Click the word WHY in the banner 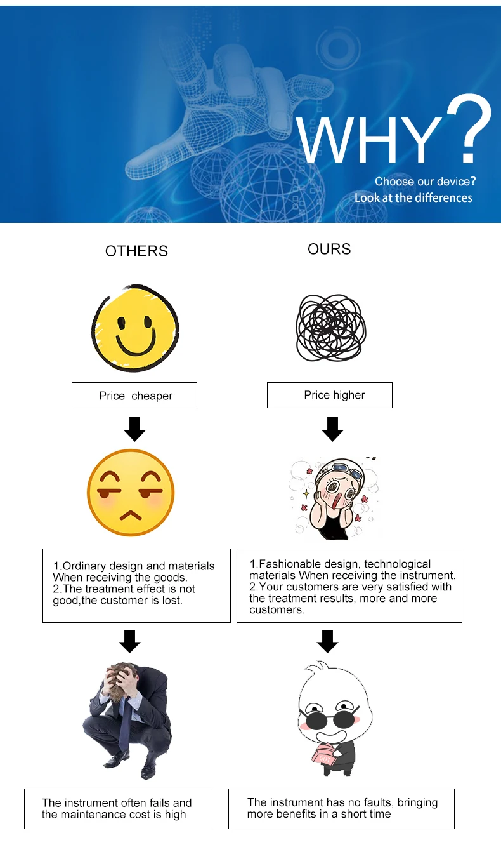(x=369, y=141)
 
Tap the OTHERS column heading (x=136, y=251)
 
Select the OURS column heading (x=329, y=249)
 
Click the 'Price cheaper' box (x=134, y=396)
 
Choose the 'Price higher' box (x=330, y=395)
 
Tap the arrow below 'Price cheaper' (x=134, y=430)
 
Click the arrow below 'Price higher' (x=332, y=430)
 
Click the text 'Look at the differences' (x=413, y=198)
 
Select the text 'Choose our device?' (x=425, y=182)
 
